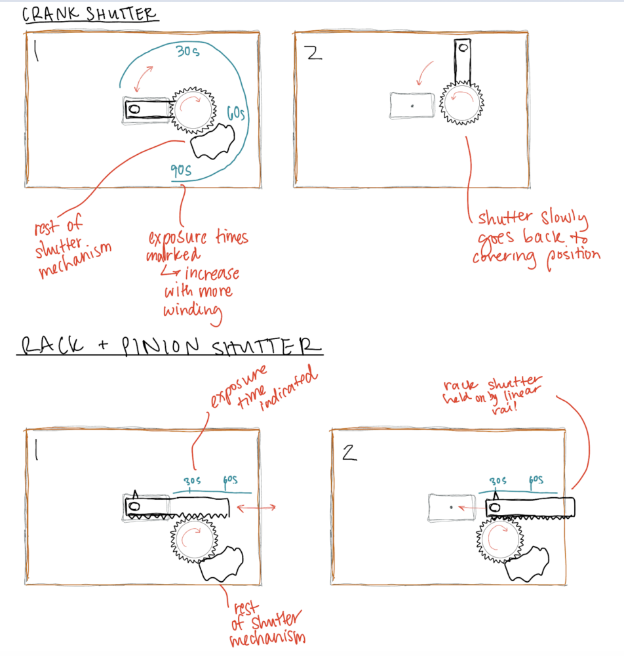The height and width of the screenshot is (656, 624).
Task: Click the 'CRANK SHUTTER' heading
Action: coord(89,14)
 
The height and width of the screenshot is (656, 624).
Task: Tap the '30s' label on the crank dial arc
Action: coord(187,51)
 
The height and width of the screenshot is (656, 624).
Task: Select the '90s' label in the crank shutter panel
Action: coord(181,170)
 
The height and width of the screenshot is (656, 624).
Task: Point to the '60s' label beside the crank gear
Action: coord(236,113)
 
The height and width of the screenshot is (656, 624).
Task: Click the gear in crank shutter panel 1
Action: coord(193,110)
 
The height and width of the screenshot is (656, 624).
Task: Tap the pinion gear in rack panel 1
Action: coord(195,540)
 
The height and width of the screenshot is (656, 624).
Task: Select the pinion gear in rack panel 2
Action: coord(500,540)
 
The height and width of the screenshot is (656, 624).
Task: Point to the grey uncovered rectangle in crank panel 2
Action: coord(412,106)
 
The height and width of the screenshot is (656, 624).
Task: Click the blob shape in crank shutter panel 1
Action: coord(213,142)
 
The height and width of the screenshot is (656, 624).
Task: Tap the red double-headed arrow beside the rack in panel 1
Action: coord(256,508)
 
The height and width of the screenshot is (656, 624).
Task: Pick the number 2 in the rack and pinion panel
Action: coord(349,453)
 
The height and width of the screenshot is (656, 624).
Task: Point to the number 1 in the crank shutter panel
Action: coord(36,52)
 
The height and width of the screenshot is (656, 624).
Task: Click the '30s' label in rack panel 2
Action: coord(497,481)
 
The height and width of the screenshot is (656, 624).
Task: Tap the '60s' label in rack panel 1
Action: coord(230,480)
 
